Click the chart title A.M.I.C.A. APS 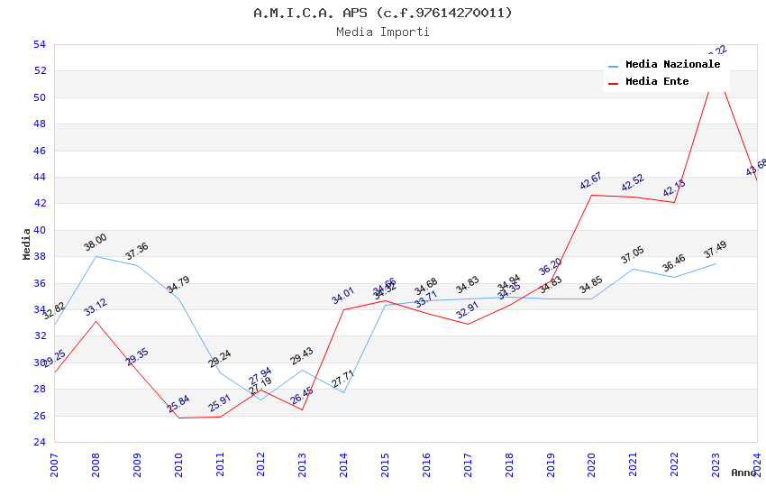tap(382, 13)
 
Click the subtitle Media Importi tap(382, 32)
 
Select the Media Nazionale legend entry tap(672, 65)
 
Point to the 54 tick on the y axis tap(39, 44)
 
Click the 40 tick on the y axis tap(39, 230)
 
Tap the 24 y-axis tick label tap(39, 442)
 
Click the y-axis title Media tap(27, 243)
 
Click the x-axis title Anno tap(743, 473)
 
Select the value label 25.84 tap(178, 403)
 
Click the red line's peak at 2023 tap(716, 81)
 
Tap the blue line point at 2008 tap(96, 256)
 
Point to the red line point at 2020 tap(591, 195)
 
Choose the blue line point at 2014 tap(343, 392)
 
